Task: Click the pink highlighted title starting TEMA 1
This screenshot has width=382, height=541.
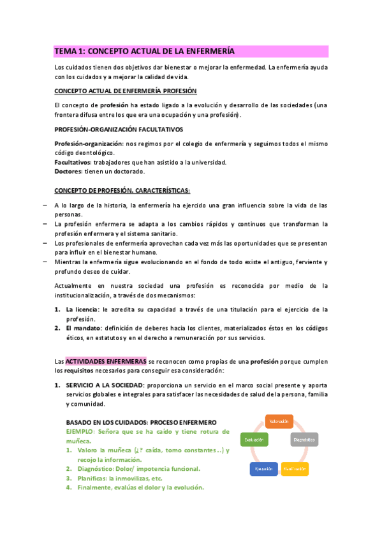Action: [145, 51]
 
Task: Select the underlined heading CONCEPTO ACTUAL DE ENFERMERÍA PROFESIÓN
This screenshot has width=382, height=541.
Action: [126, 91]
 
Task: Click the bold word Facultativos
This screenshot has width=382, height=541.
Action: [73, 163]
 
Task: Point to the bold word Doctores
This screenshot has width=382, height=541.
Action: [69, 172]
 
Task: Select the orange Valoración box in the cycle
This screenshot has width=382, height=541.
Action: [279, 421]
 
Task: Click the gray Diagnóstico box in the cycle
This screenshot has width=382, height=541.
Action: [304, 440]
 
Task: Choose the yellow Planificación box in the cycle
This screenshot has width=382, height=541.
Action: [295, 469]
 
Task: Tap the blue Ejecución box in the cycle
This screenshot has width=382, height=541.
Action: [264, 469]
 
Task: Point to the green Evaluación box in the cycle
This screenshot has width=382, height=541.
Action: [254, 440]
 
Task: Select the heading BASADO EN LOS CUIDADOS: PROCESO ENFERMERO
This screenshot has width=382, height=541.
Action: [141, 422]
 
